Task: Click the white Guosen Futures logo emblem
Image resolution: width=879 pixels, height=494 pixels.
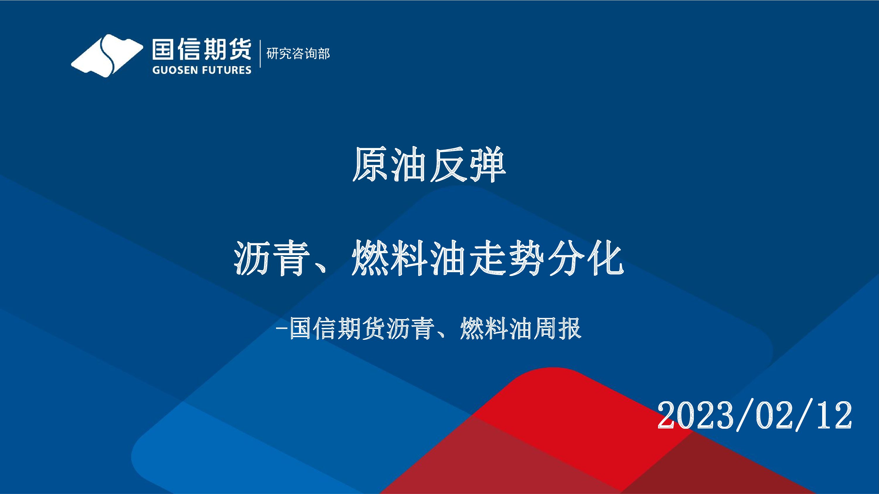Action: [107, 56]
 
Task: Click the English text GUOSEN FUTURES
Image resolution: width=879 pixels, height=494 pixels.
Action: [202, 70]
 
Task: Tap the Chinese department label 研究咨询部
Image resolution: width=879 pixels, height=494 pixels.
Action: [298, 54]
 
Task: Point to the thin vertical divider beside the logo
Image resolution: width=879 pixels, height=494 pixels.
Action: [260, 54]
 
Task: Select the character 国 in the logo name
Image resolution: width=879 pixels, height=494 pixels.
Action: [163, 49]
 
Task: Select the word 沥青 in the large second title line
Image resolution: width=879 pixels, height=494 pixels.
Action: [272, 258]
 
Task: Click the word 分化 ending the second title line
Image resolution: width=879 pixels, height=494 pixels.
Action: [586, 258]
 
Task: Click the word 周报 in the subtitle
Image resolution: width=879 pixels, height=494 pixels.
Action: [557, 328]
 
